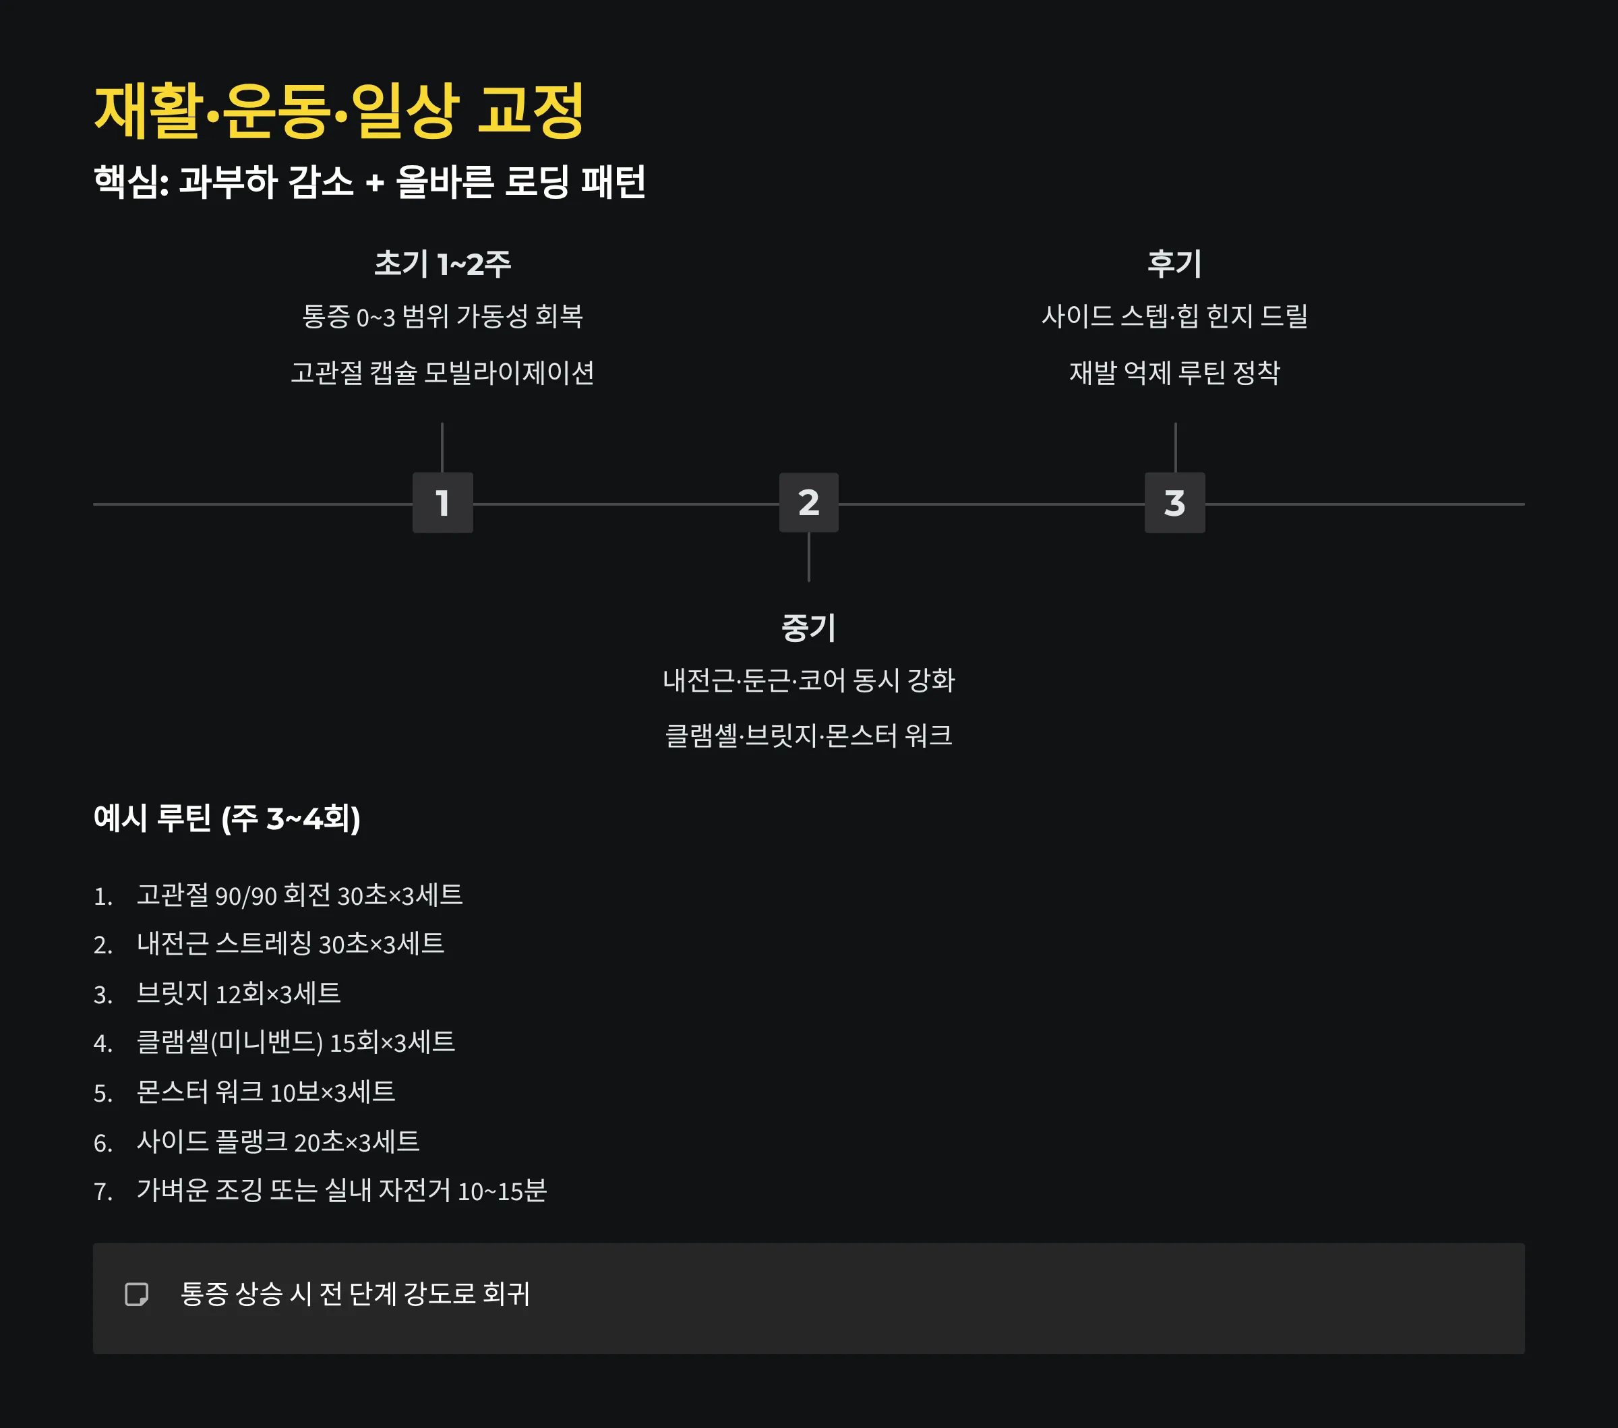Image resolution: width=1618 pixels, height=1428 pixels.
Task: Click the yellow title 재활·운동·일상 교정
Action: coord(339,111)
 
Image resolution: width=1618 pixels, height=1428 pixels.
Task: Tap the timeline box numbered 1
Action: coord(442,503)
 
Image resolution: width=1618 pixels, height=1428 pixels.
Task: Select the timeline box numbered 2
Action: coord(808,503)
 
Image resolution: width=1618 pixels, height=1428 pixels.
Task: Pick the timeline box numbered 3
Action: coord(1174,503)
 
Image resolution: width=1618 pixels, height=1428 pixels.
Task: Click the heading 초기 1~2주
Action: coord(442,264)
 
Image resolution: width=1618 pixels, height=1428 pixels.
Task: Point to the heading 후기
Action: coord(1174,264)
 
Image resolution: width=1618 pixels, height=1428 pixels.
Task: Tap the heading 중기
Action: coord(808,628)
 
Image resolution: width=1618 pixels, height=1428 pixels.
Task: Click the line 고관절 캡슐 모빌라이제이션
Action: coord(442,372)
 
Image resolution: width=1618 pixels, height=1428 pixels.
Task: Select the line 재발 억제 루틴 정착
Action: coord(1174,372)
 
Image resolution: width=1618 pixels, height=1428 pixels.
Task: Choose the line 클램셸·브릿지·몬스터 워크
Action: coord(808,736)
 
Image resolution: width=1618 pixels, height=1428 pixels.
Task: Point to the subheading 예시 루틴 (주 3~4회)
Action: coord(227,818)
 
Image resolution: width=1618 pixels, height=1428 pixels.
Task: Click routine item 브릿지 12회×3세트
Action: coord(238,993)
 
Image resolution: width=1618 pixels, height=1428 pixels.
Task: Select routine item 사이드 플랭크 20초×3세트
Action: coord(278,1141)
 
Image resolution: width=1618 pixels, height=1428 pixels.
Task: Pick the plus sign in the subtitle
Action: coord(374,183)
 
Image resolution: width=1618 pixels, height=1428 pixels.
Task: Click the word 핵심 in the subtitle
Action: coord(126,181)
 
